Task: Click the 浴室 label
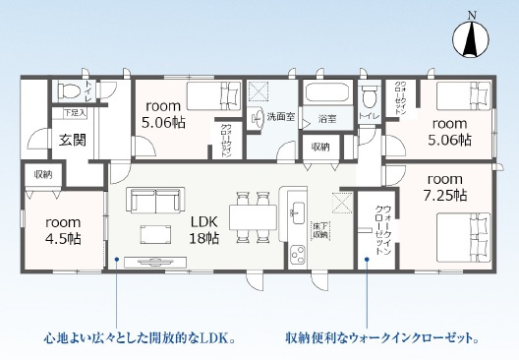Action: (x=326, y=119)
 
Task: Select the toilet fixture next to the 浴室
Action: (x=369, y=97)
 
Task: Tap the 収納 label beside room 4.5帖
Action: (x=42, y=174)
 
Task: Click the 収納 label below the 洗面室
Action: (x=320, y=147)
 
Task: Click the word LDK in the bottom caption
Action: (x=221, y=340)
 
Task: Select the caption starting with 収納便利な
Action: (x=382, y=340)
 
